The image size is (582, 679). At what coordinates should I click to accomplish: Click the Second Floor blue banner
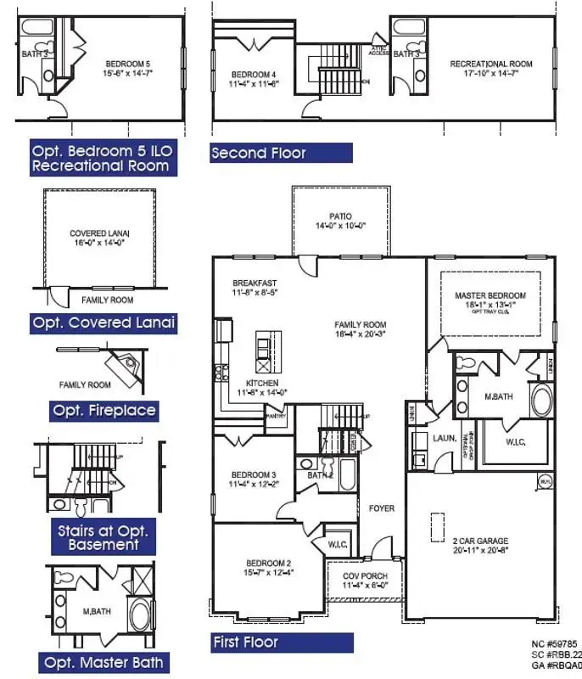click(x=281, y=154)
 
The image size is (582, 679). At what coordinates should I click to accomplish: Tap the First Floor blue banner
click(x=281, y=643)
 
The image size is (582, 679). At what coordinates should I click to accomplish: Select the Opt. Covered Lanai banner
click(x=104, y=323)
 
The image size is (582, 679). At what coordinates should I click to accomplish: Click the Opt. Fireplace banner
click(x=104, y=411)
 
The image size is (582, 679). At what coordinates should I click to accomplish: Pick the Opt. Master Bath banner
click(x=104, y=661)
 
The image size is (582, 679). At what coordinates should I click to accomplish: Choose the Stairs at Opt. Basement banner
click(x=104, y=537)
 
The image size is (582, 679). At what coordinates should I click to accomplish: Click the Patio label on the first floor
click(x=340, y=216)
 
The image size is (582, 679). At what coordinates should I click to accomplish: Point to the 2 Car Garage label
click(x=481, y=541)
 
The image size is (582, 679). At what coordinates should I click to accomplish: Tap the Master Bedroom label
click(x=484, y=295)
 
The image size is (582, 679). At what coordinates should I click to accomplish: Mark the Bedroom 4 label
click(x=254, y=76)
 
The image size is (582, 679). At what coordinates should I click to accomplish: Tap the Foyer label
click(x=381, y=508)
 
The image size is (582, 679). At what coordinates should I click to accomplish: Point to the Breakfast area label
click(x=255, y=283)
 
